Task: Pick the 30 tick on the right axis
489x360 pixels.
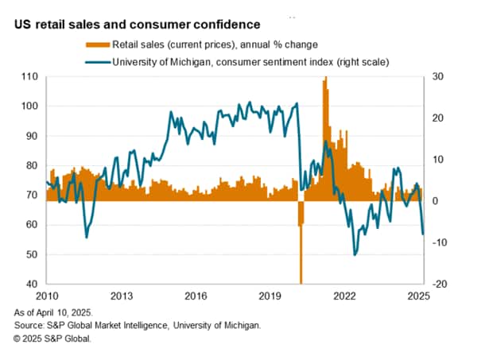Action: pos(437,76)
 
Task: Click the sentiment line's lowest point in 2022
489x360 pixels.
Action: pos(355,254)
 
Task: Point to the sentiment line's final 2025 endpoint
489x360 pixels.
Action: pos(423,234)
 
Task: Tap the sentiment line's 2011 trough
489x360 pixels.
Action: pos(86,237)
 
